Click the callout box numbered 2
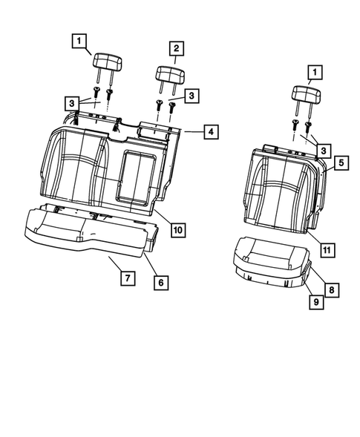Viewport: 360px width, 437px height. click(x=176, y=49)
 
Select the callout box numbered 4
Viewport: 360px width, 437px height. click(x=211, y=132)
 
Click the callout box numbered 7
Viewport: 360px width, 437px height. click(x=127, y=278)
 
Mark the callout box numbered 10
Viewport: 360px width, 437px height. click(x=177, y=230)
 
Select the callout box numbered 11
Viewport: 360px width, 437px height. click(x=326, y=249)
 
